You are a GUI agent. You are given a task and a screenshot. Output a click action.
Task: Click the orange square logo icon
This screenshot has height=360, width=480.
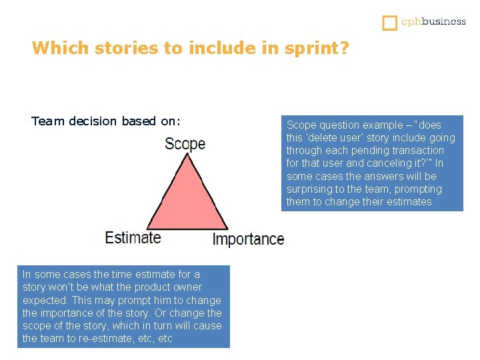pos(389,22)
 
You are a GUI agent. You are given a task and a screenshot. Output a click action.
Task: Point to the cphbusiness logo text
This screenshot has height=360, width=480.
pos(433,21)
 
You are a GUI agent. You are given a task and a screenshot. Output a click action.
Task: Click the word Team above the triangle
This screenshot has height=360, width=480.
pos(45,121)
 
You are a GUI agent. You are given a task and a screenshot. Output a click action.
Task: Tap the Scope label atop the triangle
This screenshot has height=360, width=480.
pos(185,143)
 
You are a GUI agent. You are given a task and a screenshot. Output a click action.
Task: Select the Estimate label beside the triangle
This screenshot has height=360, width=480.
pos(133,237)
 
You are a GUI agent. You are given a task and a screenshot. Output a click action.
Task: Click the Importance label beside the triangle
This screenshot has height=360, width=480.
pos(248,239)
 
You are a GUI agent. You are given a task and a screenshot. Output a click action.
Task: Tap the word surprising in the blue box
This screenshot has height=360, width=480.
pos(311,189)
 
